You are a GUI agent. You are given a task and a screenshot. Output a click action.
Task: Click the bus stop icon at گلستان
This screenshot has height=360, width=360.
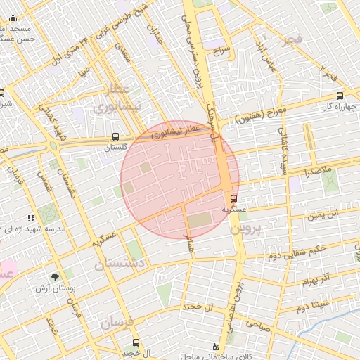pos(115,138)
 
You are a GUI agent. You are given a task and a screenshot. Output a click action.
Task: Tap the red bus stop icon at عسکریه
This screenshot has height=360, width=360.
pos(234,198)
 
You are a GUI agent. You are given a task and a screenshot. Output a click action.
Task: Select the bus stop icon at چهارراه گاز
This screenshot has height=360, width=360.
pos(340,96)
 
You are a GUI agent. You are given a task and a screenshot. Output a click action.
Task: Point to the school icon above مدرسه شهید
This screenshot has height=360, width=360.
pos(30,219)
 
